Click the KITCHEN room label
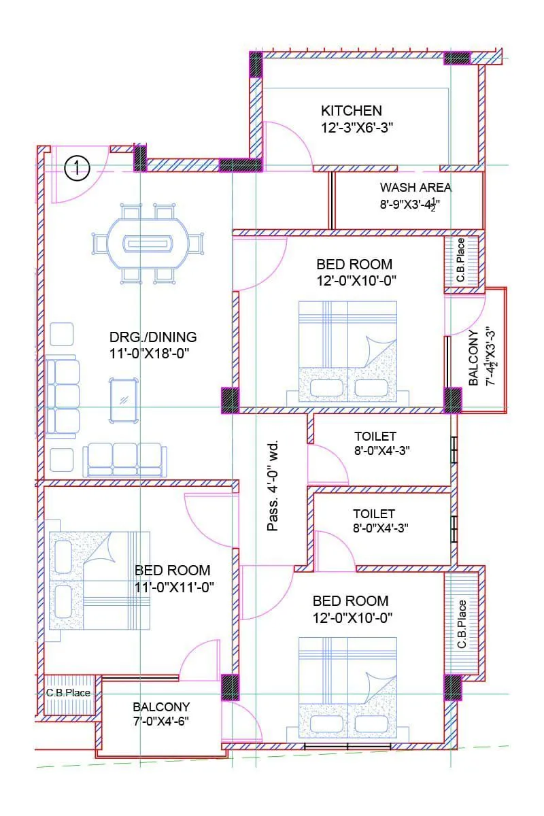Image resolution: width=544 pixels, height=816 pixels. click(351, 110)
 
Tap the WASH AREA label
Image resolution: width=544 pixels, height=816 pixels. click(415, 188)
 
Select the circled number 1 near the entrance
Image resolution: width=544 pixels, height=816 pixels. click(77, 168)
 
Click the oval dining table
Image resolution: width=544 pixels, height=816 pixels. click(147, 243)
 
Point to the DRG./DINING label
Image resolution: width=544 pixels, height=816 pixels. click(153, 337)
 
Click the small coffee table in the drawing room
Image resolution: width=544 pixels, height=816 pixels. click(124, 400)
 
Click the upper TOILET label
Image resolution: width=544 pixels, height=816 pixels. click(375, 436)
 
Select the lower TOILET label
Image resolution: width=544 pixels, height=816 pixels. click(373, 513)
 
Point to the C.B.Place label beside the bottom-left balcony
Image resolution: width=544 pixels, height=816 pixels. click(68, 693)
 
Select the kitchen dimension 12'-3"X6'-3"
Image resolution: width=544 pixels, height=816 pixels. click(358, 127)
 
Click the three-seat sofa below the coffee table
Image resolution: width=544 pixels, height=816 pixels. click(124, 460)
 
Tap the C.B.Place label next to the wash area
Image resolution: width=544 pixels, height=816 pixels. click(460, 260)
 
